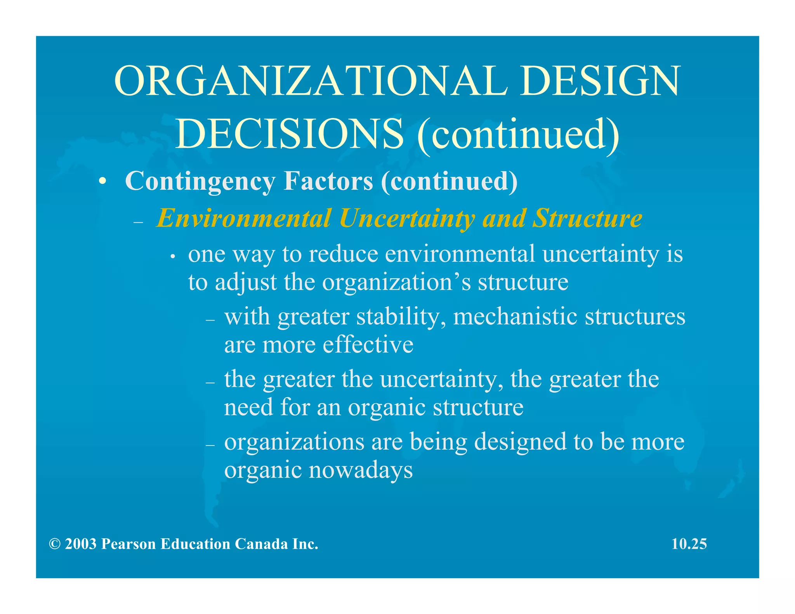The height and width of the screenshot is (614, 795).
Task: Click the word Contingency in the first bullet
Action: (200, 181)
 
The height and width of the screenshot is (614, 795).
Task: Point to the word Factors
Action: (328, 181)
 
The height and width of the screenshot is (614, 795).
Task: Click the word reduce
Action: (343, 254)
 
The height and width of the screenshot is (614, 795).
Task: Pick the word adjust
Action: (245, 283)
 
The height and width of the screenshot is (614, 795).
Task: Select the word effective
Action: (368, 345)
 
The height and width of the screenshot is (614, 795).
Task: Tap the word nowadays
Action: (361, 470)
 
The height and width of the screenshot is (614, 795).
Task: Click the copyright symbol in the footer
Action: (54, 544)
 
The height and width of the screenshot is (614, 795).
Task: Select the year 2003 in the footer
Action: (81, 544)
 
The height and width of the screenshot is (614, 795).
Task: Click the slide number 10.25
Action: (689, 544)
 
